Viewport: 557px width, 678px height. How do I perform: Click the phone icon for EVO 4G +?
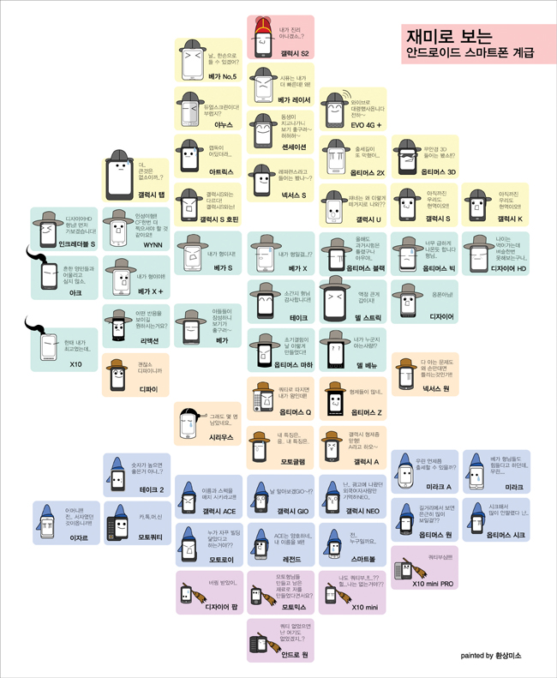[x=335, y=109]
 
